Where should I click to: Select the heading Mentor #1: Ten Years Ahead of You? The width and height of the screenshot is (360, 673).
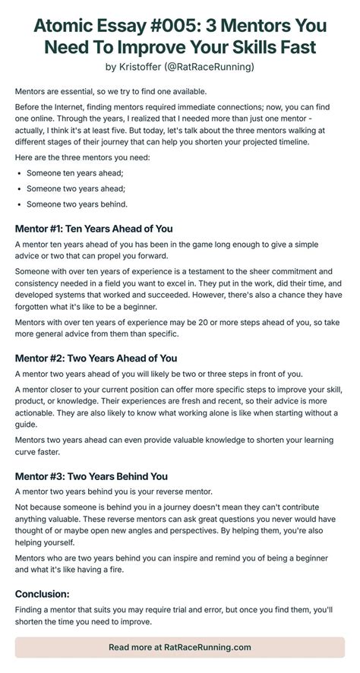coord(94,229)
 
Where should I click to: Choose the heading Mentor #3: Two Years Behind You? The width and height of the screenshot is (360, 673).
coord(91,476)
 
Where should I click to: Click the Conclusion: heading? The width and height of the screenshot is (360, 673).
coord(43,593)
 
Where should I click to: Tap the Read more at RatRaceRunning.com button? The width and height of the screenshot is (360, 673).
coord(179,647)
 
